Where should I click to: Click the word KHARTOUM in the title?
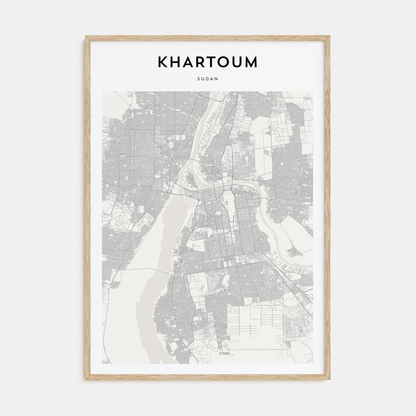coord(208,62)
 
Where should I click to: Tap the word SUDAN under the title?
coord(208,79)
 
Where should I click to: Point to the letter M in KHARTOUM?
coord(251,62)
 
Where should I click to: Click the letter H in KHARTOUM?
coord(177,62)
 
